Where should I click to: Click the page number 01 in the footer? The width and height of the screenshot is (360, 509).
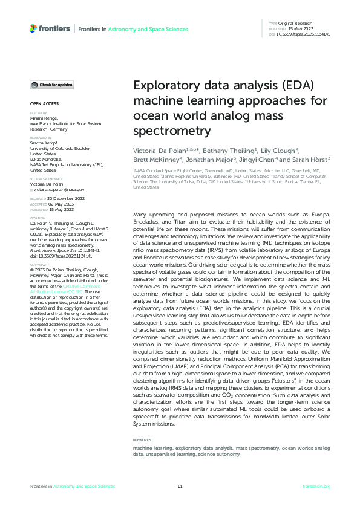point(180,487)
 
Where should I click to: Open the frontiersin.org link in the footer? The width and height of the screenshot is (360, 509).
point(316,487)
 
